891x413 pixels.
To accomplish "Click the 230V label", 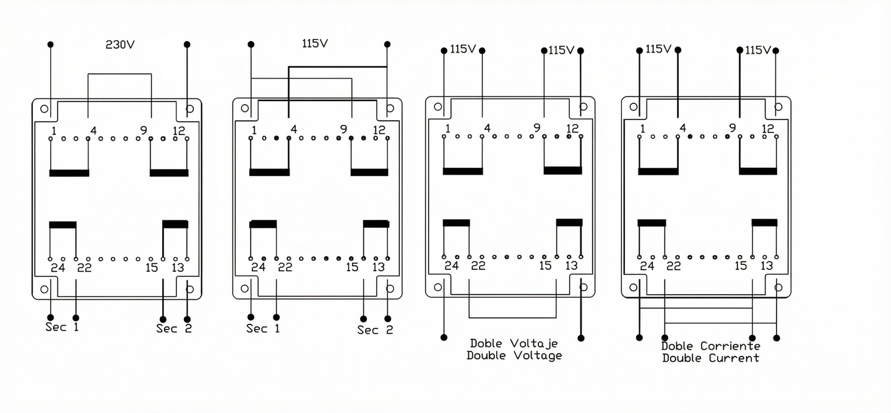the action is (120, 45).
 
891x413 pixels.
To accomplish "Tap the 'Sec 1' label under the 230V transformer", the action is (62, 327).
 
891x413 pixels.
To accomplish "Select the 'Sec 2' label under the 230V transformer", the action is (174, 329).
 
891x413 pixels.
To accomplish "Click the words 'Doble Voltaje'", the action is (514, 344).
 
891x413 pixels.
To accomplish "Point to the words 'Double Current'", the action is (710, 358).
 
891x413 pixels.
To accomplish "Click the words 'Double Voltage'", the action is (514, 355).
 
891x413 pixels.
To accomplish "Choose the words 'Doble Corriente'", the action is (711, 346).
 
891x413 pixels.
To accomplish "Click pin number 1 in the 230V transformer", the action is (54, 131).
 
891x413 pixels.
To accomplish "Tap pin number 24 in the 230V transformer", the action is (58, 267).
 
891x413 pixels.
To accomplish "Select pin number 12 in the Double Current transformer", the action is (768, 129).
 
